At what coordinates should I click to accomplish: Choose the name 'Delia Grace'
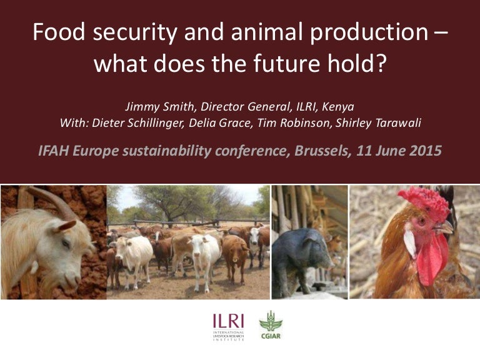pos(251,123)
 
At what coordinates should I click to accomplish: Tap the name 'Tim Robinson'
pos(314,123)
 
